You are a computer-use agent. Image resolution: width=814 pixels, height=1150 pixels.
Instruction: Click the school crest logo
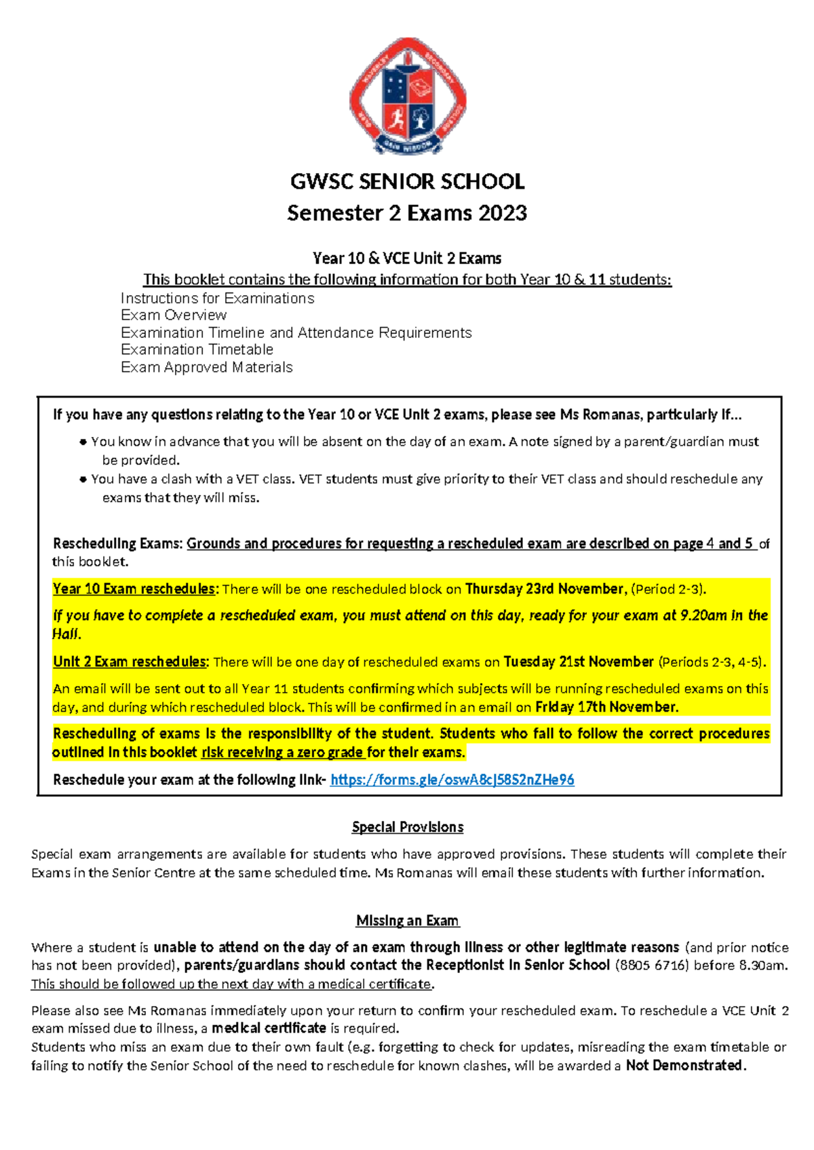tap(407, 96)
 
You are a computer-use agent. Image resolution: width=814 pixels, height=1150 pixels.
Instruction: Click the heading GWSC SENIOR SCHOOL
tap(407, 182)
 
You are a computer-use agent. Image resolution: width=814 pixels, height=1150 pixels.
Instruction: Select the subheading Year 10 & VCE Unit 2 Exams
tap(407, 258)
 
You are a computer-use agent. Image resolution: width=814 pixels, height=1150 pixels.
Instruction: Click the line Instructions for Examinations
tap(217, 299)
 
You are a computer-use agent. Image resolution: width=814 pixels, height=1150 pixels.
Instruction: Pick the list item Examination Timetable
tap(197, 349)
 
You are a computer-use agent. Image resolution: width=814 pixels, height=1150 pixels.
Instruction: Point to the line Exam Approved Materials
tap(206, 367)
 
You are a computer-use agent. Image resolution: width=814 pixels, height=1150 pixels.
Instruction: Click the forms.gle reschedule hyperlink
tap(452, 780)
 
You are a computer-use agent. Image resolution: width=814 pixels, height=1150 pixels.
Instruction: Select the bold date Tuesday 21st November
tap(579, 662)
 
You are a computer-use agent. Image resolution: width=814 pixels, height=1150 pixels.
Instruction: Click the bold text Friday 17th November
tap(606, 707)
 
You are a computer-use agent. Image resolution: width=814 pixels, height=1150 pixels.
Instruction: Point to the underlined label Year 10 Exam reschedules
tap(134, 589)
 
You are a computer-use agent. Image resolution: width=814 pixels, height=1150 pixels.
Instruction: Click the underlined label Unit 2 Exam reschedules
tap(130, 662)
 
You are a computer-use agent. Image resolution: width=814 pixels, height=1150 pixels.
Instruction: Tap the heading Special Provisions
tap(407, 827)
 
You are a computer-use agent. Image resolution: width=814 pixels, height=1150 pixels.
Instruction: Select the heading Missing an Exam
tap(407, 921)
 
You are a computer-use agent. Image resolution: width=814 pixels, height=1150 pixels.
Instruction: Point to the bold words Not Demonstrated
tap(684, 1065)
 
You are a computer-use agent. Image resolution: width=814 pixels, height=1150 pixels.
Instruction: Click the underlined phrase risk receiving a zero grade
tap(283, 752)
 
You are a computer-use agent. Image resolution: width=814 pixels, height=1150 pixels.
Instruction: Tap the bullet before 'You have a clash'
tap(83, 479)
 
